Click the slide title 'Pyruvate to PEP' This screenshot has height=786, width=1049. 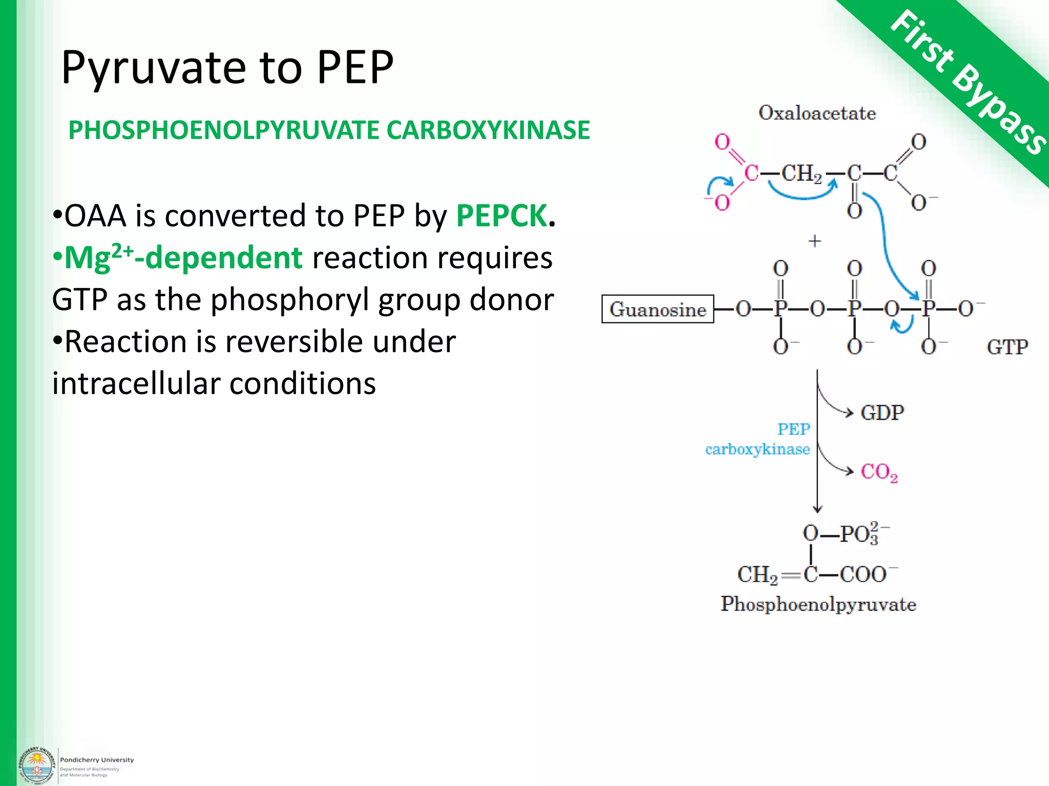[227, 68]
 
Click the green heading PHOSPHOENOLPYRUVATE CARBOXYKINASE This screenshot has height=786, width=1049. [329, 130]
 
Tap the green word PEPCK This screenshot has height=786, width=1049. [501, 215]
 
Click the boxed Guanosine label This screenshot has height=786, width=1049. [658, 310]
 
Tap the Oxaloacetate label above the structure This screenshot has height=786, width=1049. [817, 113]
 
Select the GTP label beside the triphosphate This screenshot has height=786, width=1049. [1006, 347]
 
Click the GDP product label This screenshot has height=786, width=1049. [882, 412]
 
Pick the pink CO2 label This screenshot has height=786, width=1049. [879, 472]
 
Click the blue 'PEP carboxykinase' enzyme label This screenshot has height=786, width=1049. [758, 439]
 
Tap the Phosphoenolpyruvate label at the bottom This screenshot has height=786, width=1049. [818, 604]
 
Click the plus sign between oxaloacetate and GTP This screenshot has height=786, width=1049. [814, 241]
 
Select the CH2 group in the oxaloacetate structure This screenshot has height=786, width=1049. [801, 174]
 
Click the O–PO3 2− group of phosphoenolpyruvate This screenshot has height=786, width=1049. [845, 534]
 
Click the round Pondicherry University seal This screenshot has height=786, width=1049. [36, 766]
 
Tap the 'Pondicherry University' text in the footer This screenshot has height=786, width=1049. [97, 760]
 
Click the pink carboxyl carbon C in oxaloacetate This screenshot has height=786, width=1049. [751, 173]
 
